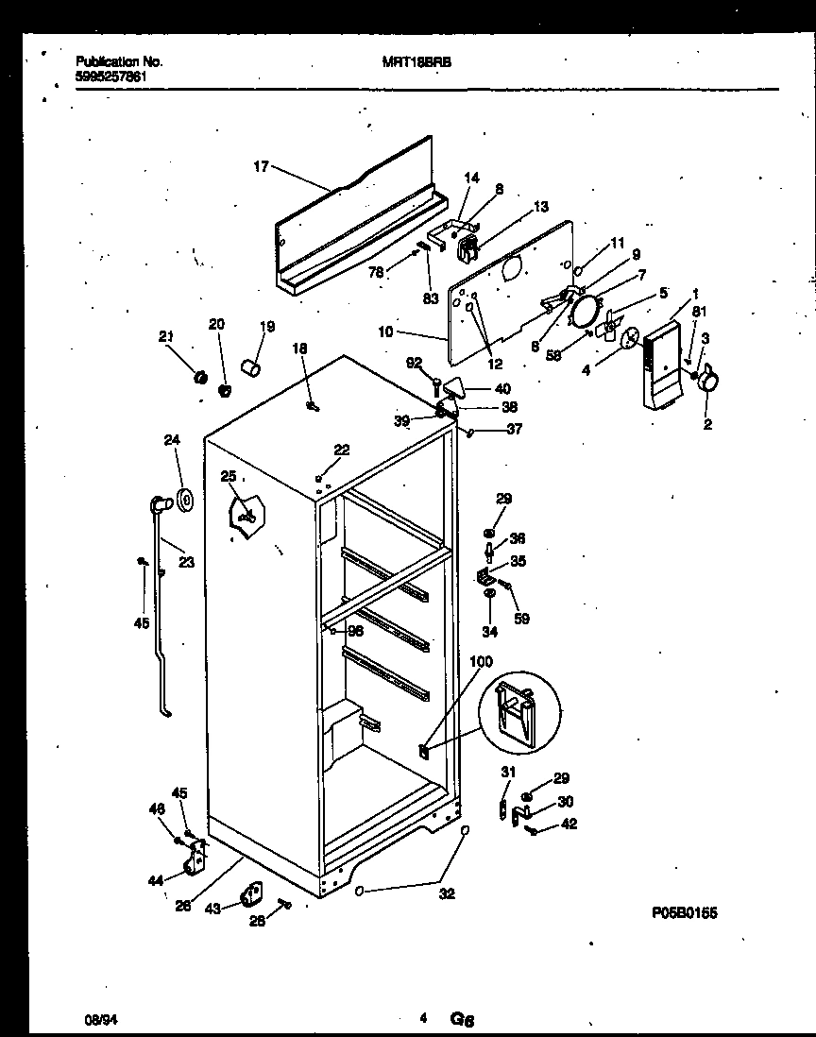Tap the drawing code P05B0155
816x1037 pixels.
point(691,913)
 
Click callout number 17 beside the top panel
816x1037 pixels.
point(261,167)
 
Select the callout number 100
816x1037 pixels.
point(481,663)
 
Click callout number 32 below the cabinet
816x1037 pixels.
point(447,892)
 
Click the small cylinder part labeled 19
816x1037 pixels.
point(249,365)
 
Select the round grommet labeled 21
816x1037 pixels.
point(199,378)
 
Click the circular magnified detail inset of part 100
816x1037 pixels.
point(518,716)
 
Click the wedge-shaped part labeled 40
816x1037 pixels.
point(456,387)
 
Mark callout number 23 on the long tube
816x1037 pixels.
point(185,562)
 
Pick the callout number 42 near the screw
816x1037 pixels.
point(568,824)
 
